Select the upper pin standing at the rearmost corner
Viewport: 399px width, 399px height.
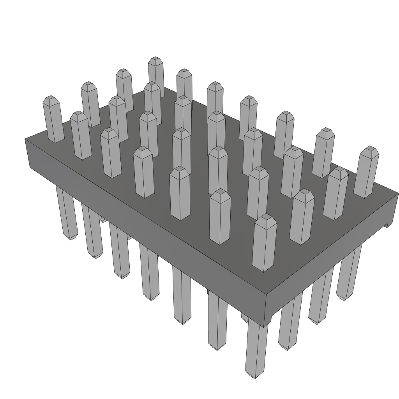pos(156,74)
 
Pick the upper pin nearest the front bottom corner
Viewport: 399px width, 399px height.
pos(264,243)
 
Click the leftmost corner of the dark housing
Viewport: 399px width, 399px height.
pos(26,139)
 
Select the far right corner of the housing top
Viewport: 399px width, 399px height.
pos(397,194)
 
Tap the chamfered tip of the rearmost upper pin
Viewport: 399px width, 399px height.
pos(155,60)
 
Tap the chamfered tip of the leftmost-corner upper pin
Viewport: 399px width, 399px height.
pos(51,99)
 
